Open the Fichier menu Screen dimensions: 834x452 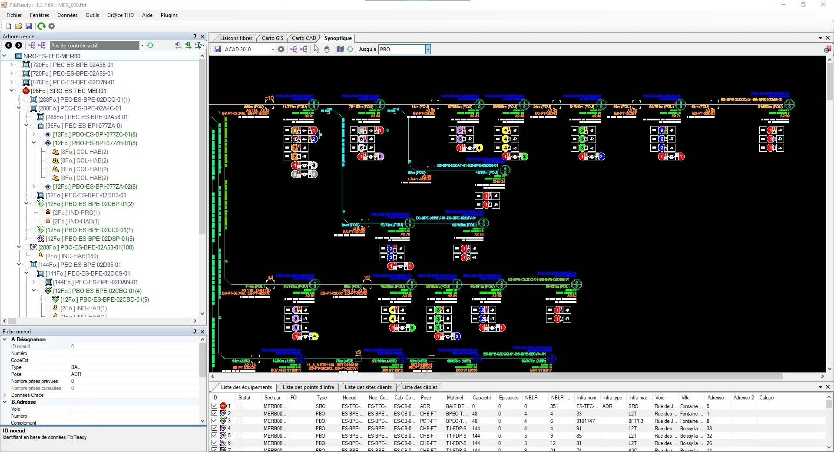tap(14, 15)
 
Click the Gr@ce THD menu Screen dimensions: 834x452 tap(120, 15)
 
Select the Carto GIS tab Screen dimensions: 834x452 tap(272, 38)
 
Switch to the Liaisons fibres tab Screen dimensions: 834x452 tap(236, 38)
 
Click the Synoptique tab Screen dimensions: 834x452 tap(338, 38)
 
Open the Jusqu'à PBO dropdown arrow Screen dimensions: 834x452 tap(428, 50)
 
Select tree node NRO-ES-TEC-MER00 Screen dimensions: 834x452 tap(52, 56)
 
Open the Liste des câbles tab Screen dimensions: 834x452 tap(420, 387)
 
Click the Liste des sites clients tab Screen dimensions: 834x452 tap(368, 387)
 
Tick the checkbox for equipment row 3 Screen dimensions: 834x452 tap(214, 421)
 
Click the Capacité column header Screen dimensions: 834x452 tap(481, 398)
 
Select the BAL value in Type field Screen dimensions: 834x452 tap(76, 367)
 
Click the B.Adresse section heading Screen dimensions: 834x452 tap(23, 402)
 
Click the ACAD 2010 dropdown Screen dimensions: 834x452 tap(249, 50)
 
